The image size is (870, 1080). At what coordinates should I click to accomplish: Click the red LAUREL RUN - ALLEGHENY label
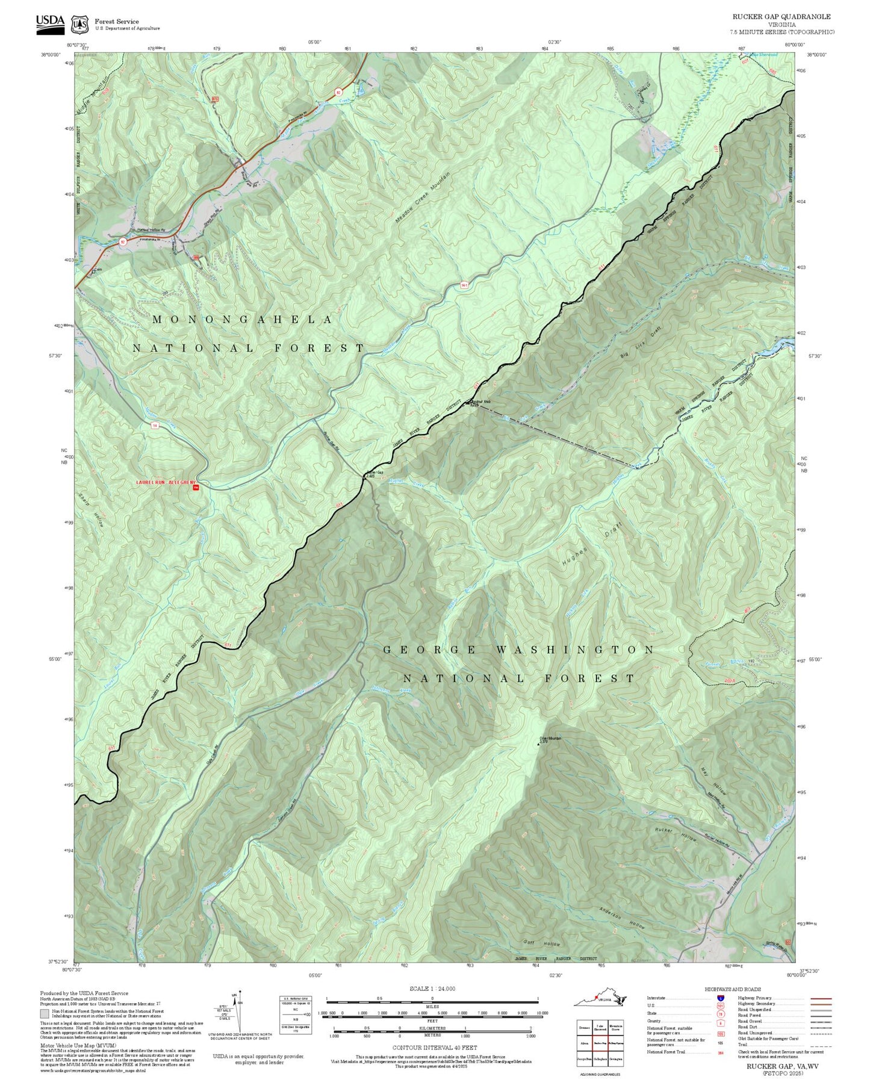tap(166, 482)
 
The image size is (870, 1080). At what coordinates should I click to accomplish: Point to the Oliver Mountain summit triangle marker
tap(538, 744)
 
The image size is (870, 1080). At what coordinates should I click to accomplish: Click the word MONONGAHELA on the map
tap(242, 320)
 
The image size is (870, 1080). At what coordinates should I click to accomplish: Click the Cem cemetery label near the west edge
tap(98, 270)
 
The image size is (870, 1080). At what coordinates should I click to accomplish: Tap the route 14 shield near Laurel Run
tap(155, 426)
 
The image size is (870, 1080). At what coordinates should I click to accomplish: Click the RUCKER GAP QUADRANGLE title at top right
tap(781, 17)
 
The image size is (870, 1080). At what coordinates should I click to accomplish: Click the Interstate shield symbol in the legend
tap(720, 998)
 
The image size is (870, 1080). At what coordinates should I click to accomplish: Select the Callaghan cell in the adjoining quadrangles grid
tap(600, 1058)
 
